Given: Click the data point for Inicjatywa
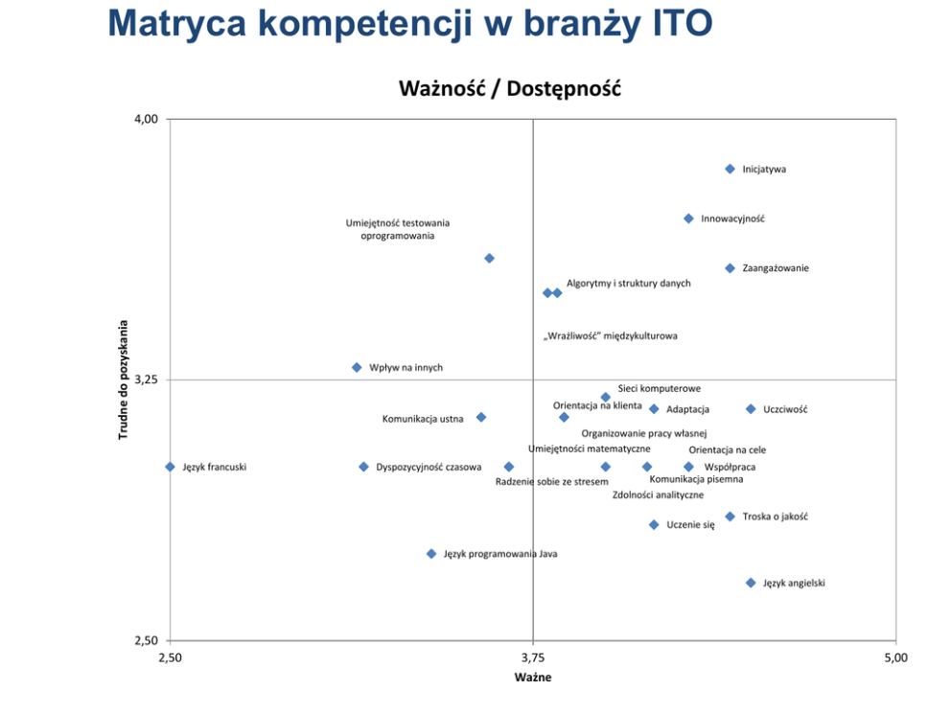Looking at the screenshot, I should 730,169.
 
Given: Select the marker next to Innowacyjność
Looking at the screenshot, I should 688,218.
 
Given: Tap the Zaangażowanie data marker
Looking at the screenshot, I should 730,268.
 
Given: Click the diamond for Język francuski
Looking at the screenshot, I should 170,467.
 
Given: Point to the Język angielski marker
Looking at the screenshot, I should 751,583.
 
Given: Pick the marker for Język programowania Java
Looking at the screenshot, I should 431,554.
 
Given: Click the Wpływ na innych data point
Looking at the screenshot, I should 357,367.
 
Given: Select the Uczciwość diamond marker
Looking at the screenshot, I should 751,409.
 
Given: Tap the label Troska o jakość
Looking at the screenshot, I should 775,517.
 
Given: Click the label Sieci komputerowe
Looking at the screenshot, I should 659,388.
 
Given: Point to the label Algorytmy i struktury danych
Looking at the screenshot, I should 628,284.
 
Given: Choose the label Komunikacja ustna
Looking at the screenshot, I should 423,419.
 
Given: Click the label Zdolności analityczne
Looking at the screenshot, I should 658,495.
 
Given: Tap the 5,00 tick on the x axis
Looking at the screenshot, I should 895,658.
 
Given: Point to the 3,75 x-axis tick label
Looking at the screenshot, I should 533,658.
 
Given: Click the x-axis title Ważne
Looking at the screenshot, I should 533,678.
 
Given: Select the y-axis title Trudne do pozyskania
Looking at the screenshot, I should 124,379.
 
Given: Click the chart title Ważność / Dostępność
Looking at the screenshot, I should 510,89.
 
